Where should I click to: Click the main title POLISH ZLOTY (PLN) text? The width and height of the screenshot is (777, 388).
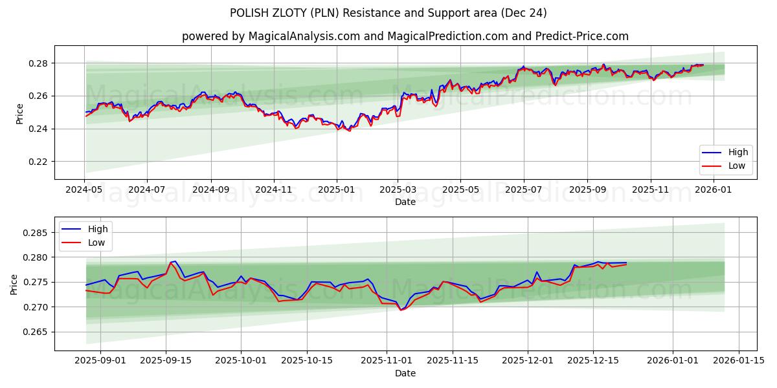point(388,13)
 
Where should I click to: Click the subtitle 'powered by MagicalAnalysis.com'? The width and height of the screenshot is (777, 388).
point(271,36)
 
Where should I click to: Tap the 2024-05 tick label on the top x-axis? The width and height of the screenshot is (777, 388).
point(84,190)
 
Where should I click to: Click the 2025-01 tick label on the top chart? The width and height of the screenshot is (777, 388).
point(336,190)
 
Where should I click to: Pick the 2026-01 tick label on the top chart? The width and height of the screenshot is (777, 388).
point(714,190)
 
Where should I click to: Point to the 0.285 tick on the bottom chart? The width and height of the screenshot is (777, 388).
point(35,233)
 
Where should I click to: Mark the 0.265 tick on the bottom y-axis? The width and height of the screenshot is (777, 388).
point(35,332)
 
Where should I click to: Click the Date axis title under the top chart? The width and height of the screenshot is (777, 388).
point(405,202)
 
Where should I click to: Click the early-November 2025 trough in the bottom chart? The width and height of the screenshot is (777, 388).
point(401,310)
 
